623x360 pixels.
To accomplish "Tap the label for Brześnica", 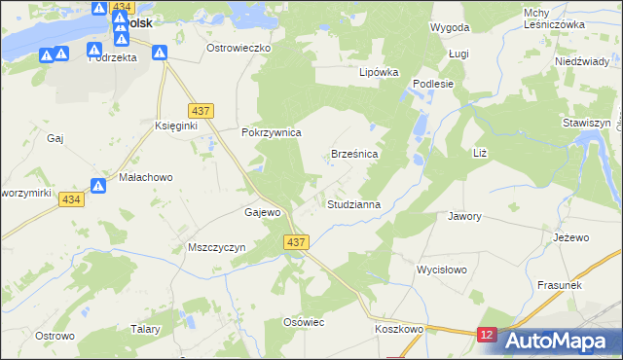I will click(x=354, y=154).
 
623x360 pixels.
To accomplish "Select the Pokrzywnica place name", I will click(x=272, y=132).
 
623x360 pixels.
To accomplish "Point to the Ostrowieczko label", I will click(x=239, y=47).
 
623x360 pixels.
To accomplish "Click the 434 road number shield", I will click(x=69, y=199).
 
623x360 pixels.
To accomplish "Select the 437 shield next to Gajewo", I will click(x=298, y=241).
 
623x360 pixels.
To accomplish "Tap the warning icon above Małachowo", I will click(x=98, y=185).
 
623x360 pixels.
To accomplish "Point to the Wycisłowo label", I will click(x=442, y=269).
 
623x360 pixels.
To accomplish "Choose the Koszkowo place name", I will click(x=399, y=330).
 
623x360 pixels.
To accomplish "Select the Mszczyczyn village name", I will click(x=215, y=247).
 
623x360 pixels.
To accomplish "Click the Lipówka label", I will click(x=380, y=72).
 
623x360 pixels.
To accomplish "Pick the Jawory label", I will click(x=464, y=216).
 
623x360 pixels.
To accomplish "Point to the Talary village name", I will click(x=145, y=330).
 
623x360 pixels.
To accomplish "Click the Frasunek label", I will click(x=560, y=285).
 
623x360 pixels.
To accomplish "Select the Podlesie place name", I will click(x=434, y=84).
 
